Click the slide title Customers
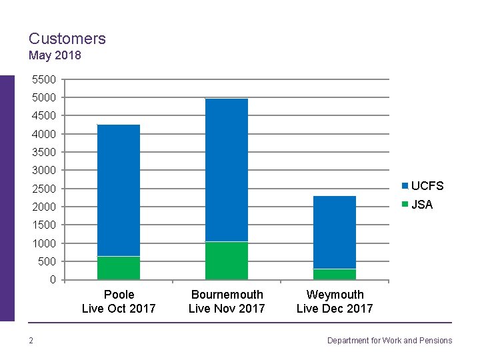[x=67, y=39]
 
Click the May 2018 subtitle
[x=55, y=55]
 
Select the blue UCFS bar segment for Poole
[x=119, y=190]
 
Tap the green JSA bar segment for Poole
[x=119, y=268]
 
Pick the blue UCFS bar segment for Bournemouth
[x=227, y=170]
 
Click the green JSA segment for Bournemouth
[x=227, y=261]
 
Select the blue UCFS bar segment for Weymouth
[x=335, y=232]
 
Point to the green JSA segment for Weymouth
[x=335, y=274]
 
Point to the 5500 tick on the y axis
[x=44, y=79]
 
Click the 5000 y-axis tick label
[x=44, y=97]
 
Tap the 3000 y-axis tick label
[x=44, y=170]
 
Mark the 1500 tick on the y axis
[x=44, y=225]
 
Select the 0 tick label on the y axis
[x=53, y=280]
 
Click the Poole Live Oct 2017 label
[x=119, y=301]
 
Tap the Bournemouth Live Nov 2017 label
[x=227, y=301]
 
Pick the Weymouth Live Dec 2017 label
[x=335, y=301]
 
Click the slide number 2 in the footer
[x=31, y=341]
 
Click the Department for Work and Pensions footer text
[x=389, y=341]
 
